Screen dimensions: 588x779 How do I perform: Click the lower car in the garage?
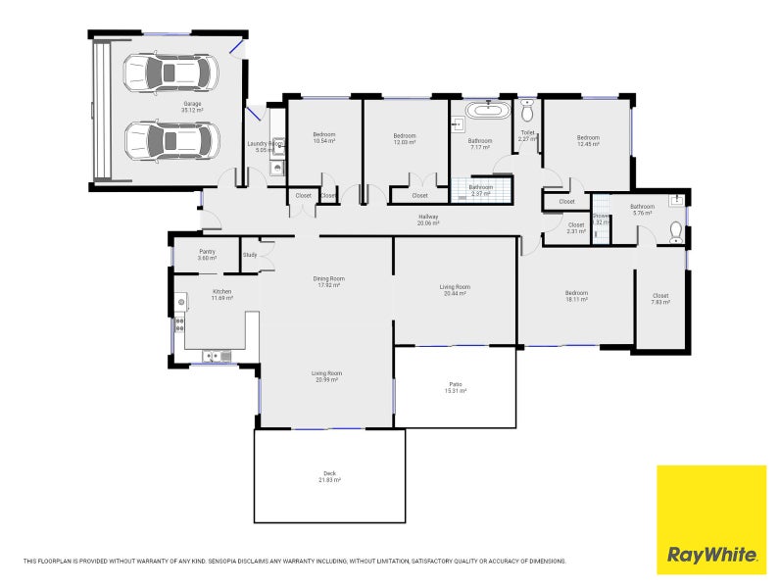tap(169, 141)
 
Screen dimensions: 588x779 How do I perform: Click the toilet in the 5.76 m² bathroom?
tap(674, 231)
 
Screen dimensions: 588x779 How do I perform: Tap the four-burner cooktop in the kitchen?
tap(179, 324)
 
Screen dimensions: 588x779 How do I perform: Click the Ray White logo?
tap(711, 519)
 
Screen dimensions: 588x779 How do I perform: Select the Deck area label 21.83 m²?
tap(329, 480)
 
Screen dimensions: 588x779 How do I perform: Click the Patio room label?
tap(455, 384)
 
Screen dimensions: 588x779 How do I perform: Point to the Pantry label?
tap(207, 252)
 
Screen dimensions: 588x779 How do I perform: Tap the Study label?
tap(250, 256)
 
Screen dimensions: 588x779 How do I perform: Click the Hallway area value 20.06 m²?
tap(428, 223)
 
